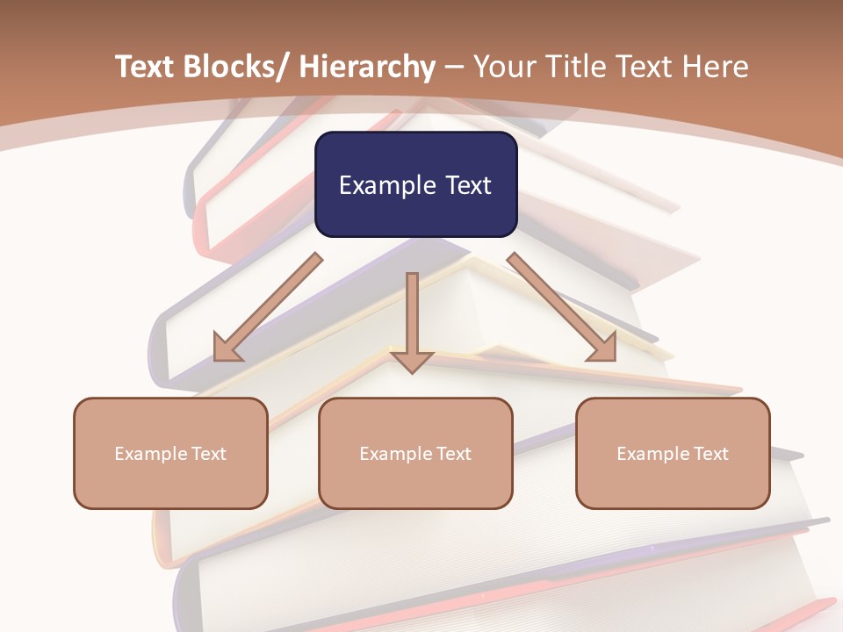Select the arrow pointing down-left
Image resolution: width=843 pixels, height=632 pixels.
pos(267,307)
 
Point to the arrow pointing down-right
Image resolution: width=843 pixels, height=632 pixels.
pos(562,307)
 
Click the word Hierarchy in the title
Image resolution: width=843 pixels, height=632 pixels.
pos(367,68)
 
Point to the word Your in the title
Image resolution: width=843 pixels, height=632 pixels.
pos(503,68)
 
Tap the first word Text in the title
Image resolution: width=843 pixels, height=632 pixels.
pos(145,68)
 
